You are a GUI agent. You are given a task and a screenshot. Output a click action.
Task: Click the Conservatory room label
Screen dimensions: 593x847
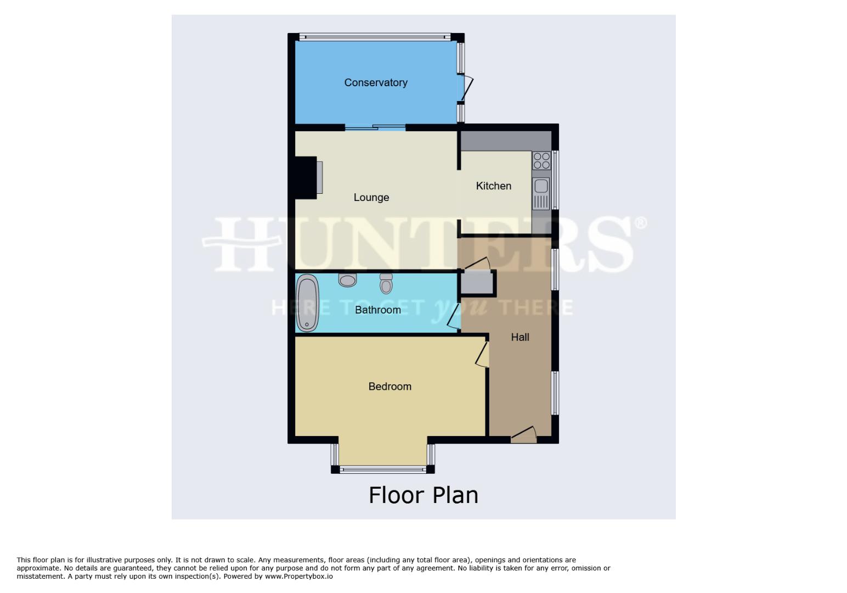pyautogui.click(x=376, y=83)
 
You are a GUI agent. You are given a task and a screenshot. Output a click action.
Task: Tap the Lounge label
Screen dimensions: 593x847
pyautogui.click(x=371, y=198)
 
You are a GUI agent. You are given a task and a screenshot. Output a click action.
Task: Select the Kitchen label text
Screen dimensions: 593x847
pyautogui.click(x=494, y=186)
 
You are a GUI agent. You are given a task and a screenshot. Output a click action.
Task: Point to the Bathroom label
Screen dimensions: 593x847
pyautogui.click(x=378, y=310)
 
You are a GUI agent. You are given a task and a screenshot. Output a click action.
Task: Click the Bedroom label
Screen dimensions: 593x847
pyautogui.click(x=390, y=387)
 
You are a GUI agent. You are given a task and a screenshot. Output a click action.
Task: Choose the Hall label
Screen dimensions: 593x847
pyautogui.click(x=520, y=337)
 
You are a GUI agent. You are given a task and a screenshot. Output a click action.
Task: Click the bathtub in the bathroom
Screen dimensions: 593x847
pyautogui.click(x=308, y=303)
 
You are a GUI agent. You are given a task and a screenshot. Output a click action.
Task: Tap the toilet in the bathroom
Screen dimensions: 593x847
pyautogui.click(x=386, y=284)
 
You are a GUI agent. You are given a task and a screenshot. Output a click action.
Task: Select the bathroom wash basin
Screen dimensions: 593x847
pyautogui.click(x=348, y=280)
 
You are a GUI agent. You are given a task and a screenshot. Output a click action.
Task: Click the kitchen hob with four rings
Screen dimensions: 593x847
pyautogui.click(x=541, y=161)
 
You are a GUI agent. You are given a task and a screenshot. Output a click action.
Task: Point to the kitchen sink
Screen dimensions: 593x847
pyautogui.click(x=541, y=193)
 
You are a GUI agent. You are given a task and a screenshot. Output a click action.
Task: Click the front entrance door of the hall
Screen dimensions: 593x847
pyautogui.click(x=523, y=434)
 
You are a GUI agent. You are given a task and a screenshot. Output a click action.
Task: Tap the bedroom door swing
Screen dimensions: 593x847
pyautogui.click(x=482, y=354)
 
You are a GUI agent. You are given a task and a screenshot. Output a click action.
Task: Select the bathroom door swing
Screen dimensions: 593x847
pyautogui.click(x=454, y=317)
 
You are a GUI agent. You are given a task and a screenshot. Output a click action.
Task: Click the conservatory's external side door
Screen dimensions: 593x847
pyautogui.click(x=467, y=88)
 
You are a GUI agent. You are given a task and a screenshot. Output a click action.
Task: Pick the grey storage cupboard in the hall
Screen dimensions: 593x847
pyautogui.click(x=477, y=283)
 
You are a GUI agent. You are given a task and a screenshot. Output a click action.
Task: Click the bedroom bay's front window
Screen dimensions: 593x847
pyautogui.click(x=383, y=469)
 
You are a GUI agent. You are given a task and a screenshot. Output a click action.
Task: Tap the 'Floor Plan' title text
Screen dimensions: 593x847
pyautogui.click(x=423, y=495)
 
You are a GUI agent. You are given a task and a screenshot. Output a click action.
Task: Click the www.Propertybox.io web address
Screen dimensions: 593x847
pyautogui.click(x=299, y=577)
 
